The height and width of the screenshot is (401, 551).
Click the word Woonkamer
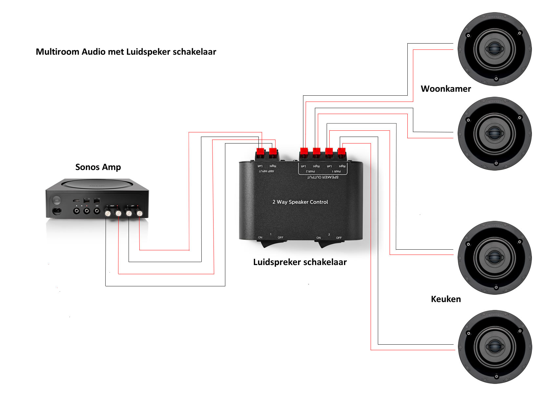[445, 89]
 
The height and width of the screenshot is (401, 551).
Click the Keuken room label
[445, 299]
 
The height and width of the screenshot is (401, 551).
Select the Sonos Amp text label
[98, 167]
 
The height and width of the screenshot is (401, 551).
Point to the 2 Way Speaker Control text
[300, 202]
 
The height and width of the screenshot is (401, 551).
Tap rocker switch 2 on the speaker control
[329, 244]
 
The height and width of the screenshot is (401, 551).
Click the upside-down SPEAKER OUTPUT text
[322, 177]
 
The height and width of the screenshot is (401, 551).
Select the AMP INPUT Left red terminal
[260, 152]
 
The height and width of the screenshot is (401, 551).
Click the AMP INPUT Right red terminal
[273, 152]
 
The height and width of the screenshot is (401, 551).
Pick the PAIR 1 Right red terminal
[341, 152]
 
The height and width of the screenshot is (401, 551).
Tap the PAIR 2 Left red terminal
[304, 152]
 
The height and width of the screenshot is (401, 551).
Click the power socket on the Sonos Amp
[57, 211]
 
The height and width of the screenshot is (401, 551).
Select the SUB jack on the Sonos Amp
[97, 211]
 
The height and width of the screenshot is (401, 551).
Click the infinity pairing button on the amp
[56, 200]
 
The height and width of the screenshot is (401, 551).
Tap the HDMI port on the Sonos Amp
[76, 200]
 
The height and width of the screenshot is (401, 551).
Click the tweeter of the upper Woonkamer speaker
[495, 49]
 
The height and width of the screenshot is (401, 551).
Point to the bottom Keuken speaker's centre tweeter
[495, 347]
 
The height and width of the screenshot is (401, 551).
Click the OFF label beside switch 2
[339, 238]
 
